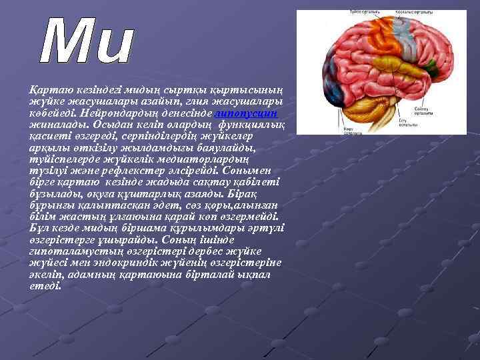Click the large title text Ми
click(86, 44)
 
